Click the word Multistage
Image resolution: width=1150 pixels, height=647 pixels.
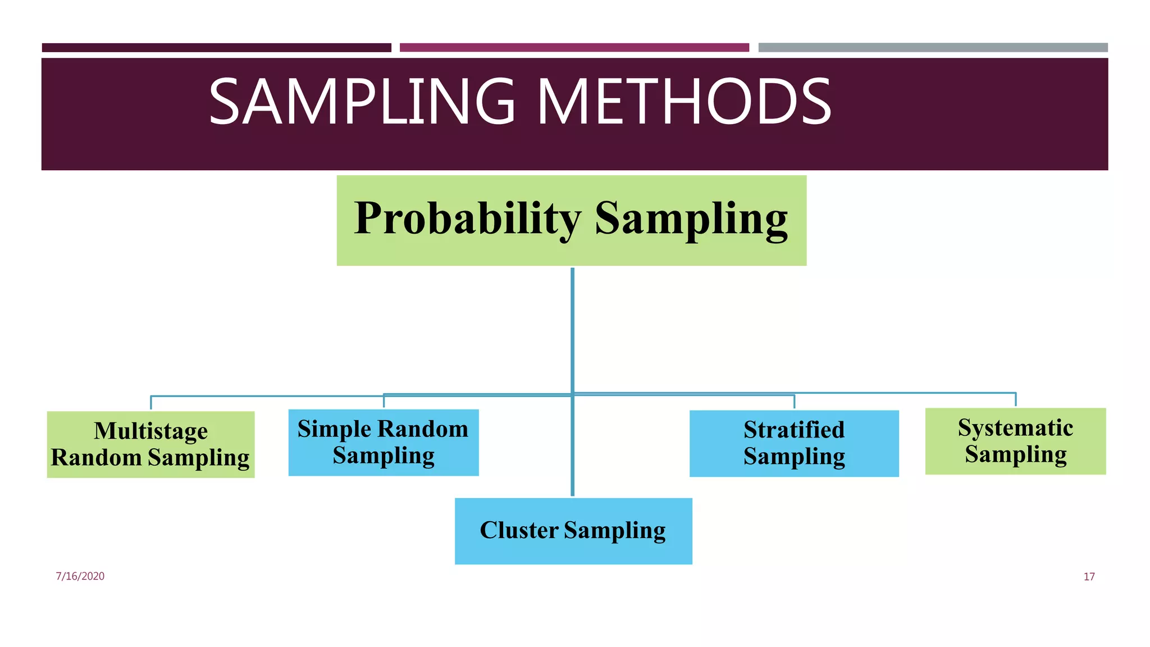(x=150, y=431)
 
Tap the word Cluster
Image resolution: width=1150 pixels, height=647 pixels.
(x=518, y=530)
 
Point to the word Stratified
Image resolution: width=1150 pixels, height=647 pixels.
(x=793, y=430)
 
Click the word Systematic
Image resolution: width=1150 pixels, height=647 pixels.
(x=1015, y=428)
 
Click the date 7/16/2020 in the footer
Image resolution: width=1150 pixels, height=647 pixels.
(x=80, y=576)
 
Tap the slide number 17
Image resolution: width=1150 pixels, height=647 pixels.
(x=1089, y=577)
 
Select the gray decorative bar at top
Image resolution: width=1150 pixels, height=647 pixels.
(x=933, y=48)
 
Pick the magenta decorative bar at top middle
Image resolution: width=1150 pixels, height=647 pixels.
(x=574, y=48)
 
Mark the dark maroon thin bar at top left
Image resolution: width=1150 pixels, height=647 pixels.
(x=216, y=48)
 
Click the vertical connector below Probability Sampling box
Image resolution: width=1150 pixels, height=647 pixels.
(x=572, y=331)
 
